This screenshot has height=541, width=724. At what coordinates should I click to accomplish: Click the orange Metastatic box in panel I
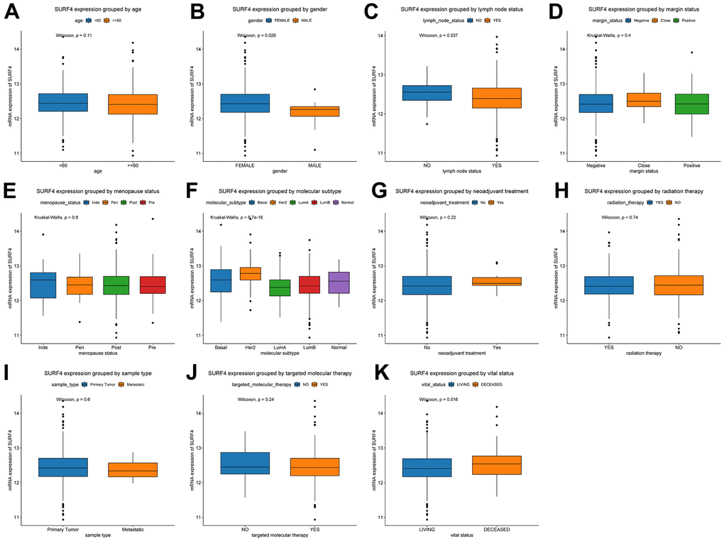coord(133,469)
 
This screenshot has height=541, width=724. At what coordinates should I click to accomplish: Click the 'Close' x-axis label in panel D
coord(641,165)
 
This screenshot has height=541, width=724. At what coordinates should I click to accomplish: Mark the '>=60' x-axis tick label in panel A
coord(133,165)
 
